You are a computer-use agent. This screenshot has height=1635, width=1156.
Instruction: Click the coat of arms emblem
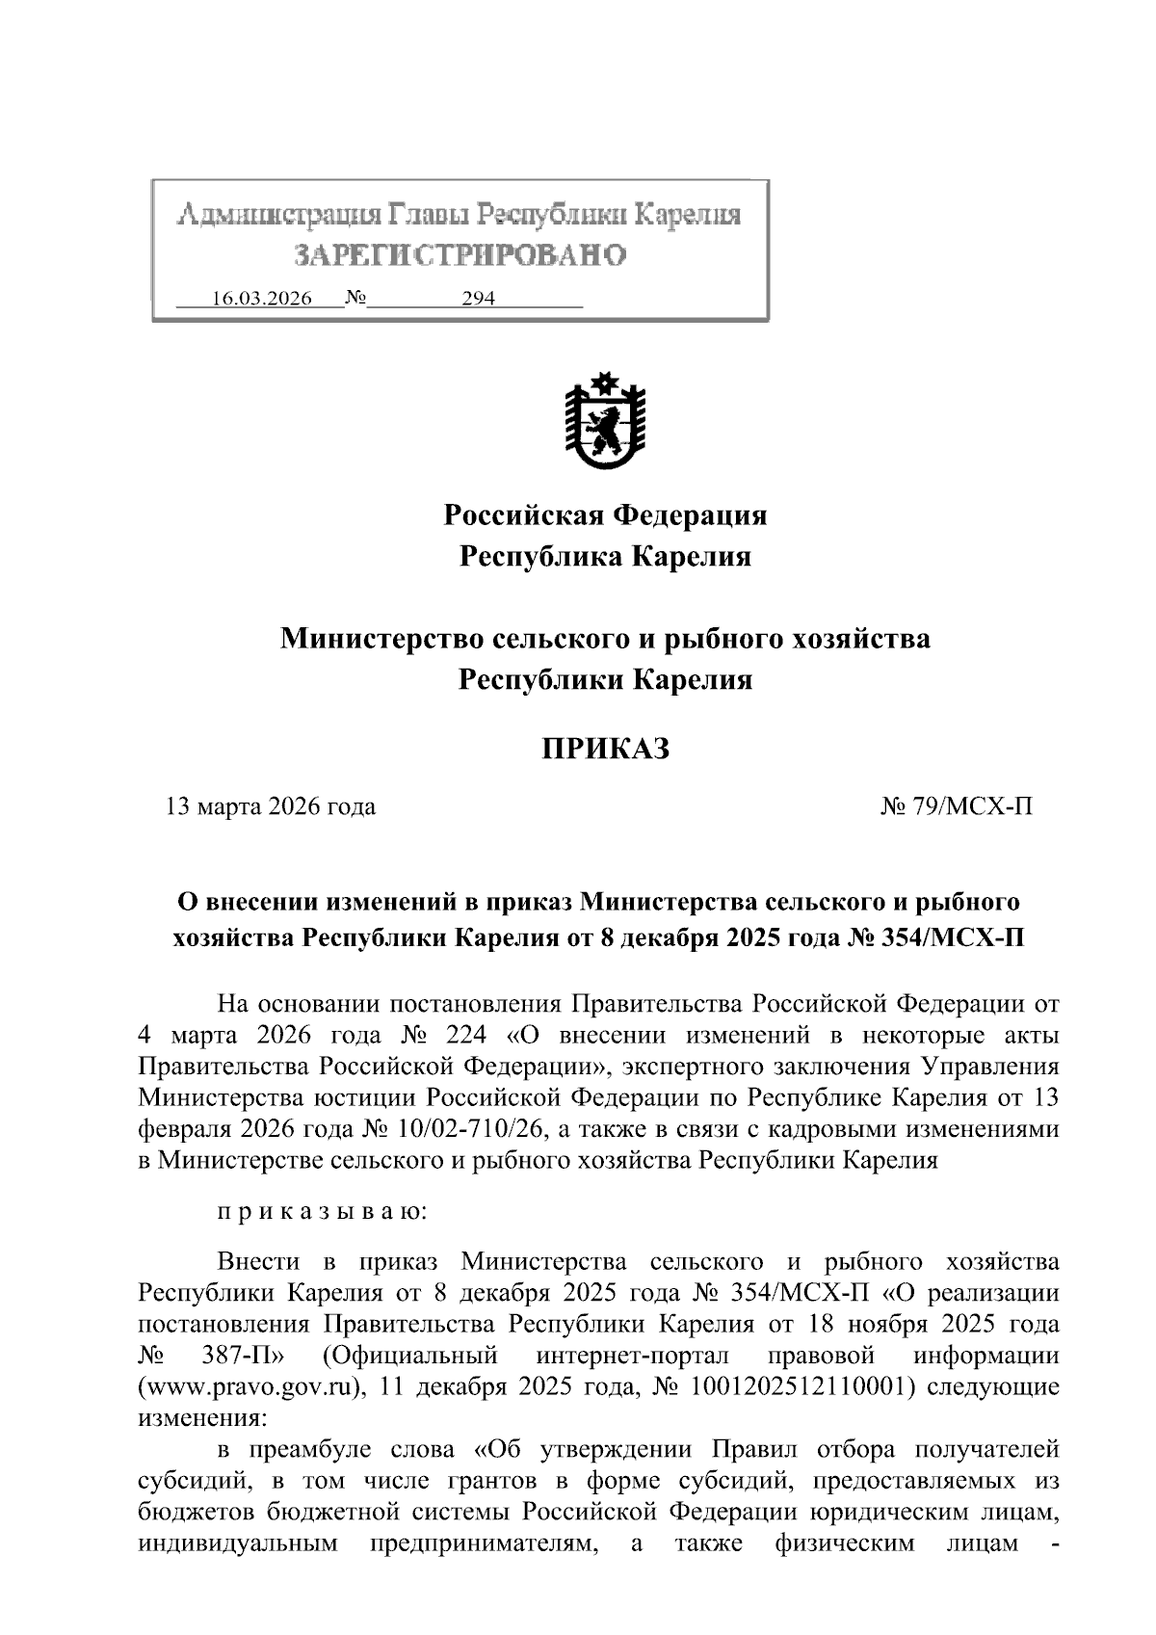coord(605,421)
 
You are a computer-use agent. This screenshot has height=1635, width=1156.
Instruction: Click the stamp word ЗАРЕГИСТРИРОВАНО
coord(460,254)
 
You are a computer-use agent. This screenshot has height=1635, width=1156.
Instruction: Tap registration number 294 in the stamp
coord(478,299)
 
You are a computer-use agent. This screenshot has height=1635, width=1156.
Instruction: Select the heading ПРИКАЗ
coord(604,749)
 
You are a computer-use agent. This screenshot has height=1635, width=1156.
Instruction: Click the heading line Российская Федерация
coord(605,515)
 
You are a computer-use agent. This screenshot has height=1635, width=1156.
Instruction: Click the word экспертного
coord(765,1067)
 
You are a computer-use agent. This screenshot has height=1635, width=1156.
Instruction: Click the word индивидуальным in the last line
coord(238,1543)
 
